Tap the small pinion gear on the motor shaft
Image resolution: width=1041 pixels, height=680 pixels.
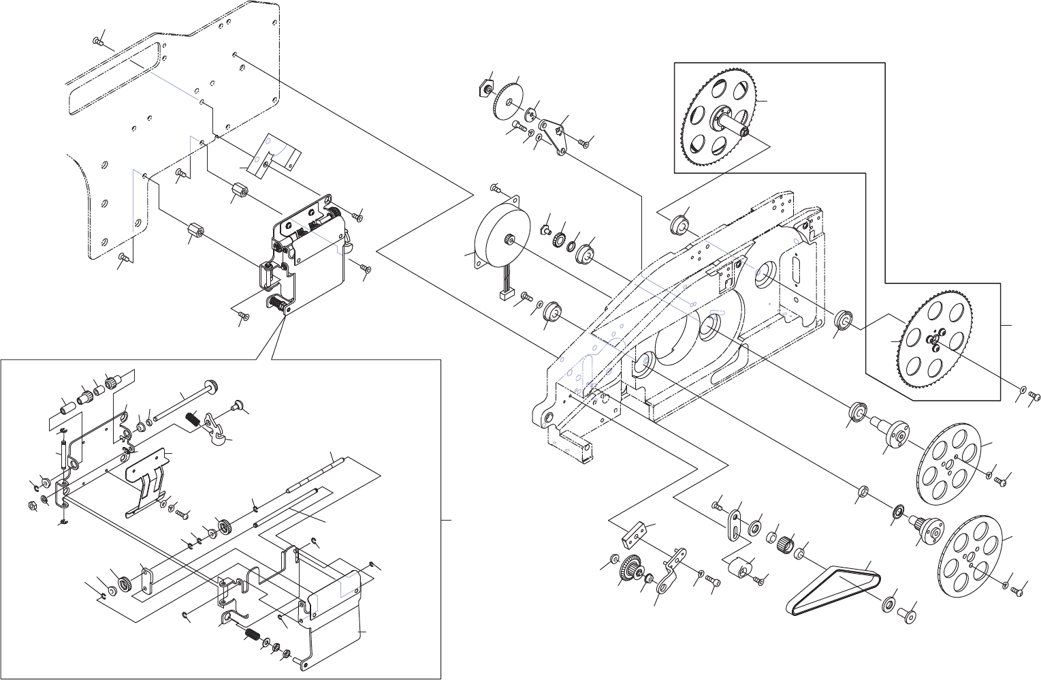click(x=507, y=238)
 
